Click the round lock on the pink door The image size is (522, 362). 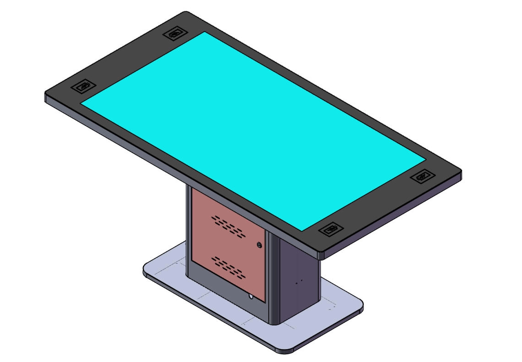click(x=260, y=245)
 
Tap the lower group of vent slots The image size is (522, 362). click(x=228, y=267)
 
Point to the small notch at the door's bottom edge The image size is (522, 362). click(x=250, y=296)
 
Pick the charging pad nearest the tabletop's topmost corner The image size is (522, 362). click(x=174, y=33)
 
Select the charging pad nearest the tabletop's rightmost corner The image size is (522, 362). click(x=422, y=176)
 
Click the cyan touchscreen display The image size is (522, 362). click(x=252, y=128)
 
